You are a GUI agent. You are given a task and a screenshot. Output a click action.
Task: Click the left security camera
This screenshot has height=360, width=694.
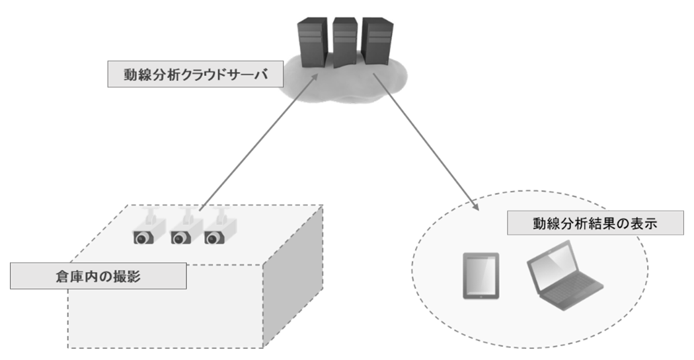[145, 231]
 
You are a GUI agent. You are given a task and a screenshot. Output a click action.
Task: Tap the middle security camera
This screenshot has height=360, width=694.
[182, 231]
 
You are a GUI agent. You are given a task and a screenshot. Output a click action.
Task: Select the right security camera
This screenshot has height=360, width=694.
[217, 231]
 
